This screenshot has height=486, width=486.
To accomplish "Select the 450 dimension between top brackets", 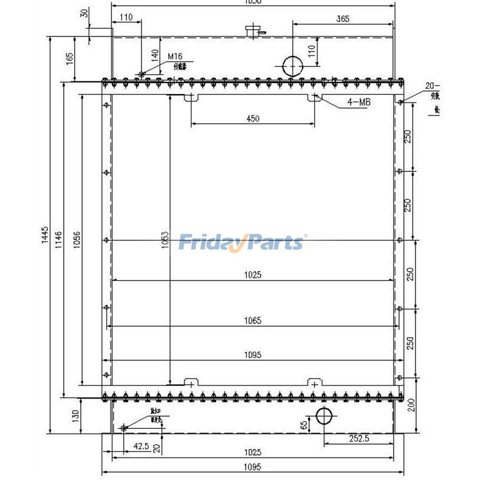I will pyautogui.click(x=253, y=119).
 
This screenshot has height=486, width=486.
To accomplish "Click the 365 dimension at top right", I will pyautogui.click(x=342, y=19).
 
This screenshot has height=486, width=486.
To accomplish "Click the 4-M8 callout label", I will pyautogui.click(x=358, y=102).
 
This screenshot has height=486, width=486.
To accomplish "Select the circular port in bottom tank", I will pyautogui.click(x=325, y=417).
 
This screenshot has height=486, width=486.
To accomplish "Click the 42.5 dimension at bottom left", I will pyautogui.click(x=142, y=446).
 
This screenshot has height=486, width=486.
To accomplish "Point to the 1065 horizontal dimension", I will pyautogui.click(x=253, y=321).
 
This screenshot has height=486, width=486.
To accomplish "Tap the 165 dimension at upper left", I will pyautogui.click(x=70, y=58).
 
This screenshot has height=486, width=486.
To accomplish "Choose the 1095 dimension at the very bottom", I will pyautogui.click(x=253, y=467).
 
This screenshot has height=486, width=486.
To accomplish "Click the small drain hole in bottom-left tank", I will pyautogui.click(x=123, y=428).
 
